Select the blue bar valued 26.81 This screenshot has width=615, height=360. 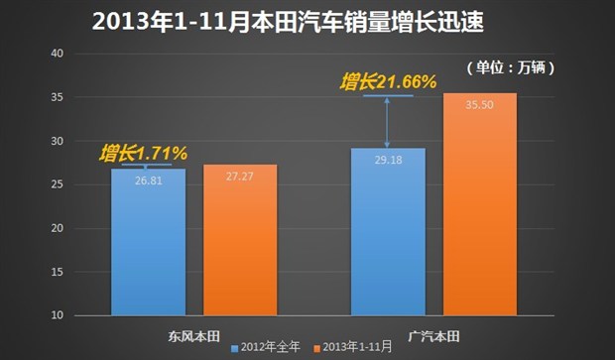[148, 243]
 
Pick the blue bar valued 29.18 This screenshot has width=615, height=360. [388, 233]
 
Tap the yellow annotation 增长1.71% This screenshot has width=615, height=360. [143, 154]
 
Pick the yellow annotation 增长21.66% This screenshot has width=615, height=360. [389, 83]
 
